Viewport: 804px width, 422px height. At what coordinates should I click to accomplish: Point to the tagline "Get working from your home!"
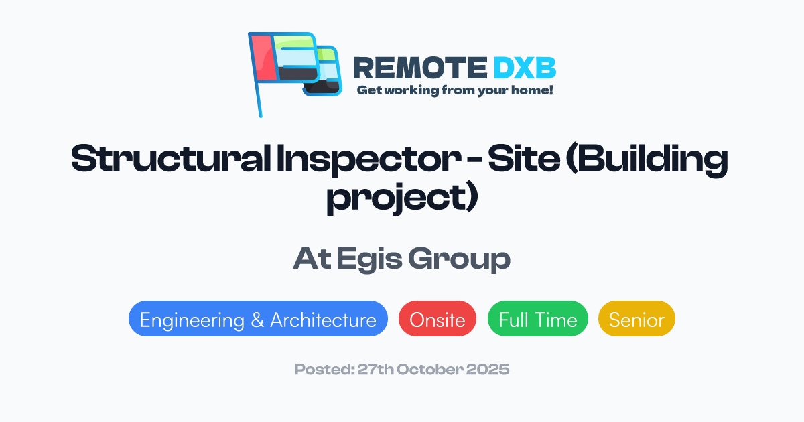(454, 90)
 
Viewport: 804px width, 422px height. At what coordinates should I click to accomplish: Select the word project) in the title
(401, 200)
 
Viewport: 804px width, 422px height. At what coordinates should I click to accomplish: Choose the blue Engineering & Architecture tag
(258, 320)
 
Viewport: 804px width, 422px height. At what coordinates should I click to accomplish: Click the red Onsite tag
(437, 320)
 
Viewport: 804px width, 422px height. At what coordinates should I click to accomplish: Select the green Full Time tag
(537, 320)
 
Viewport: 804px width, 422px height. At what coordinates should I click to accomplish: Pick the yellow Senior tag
(636, 320)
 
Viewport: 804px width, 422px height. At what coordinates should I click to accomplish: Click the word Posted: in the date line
(321, 369)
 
